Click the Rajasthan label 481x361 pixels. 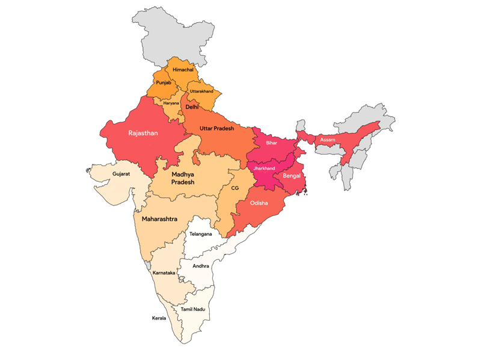143,133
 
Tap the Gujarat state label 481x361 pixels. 121,174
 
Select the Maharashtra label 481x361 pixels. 159,219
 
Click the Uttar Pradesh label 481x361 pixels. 217,129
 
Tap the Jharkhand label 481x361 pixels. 264,168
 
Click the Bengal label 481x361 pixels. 292,176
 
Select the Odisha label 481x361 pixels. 259,203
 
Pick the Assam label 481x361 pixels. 328,140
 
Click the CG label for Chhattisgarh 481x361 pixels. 236,188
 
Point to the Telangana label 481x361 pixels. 200,234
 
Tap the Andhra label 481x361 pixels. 201,265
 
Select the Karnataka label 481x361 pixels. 164,273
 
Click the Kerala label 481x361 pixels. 159,318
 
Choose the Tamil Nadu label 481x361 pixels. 193,309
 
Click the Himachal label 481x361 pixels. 183,70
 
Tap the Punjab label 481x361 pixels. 164,82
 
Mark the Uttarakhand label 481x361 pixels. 201,91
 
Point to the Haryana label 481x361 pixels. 171,103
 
